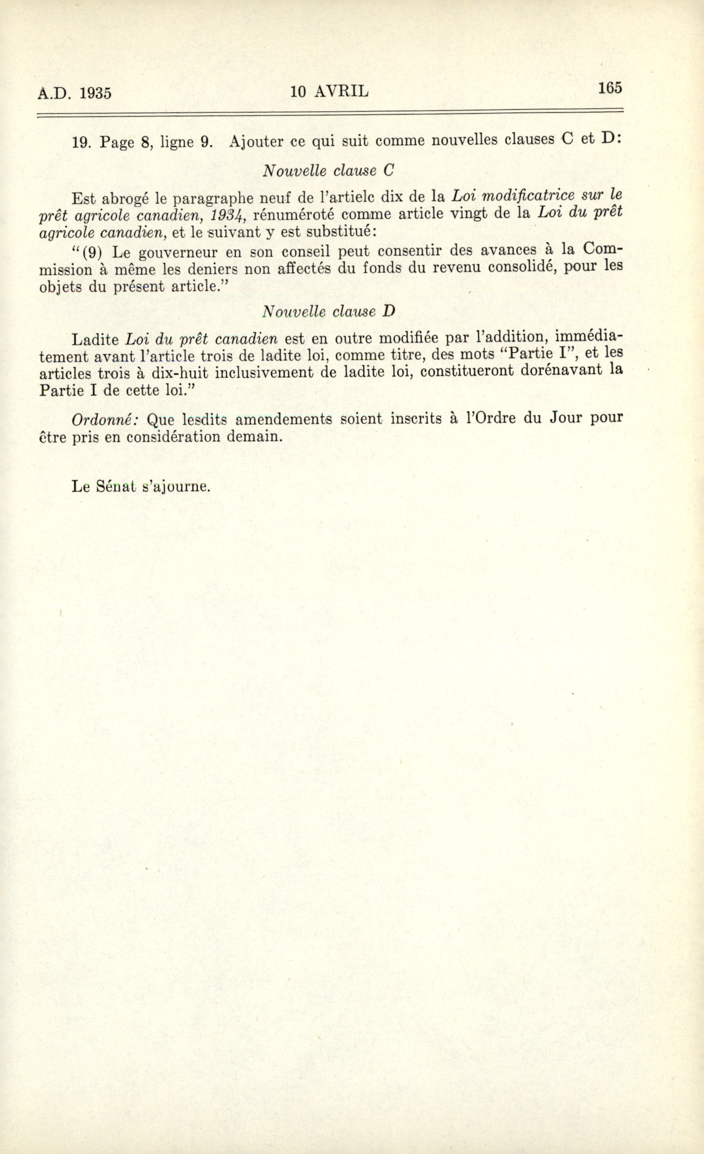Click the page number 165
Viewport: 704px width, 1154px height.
(610, 88)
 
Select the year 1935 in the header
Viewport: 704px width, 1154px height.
(96, 93)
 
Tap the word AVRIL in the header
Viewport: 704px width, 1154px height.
(341, 91)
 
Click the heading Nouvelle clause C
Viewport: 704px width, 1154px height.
(328, 171)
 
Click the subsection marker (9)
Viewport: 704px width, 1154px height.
(92, 253)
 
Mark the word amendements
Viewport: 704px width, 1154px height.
(284, 419)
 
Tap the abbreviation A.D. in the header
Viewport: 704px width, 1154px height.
(55, 93)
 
